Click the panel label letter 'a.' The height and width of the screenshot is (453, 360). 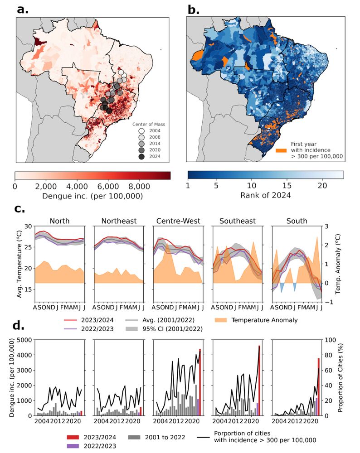click(x=23, y=9)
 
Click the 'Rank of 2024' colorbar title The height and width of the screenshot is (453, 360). click(x=265, y=196)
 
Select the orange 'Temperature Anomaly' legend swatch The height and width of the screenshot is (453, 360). click(x=222, y=320)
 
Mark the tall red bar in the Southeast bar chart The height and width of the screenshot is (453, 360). click(x=259, y=381)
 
